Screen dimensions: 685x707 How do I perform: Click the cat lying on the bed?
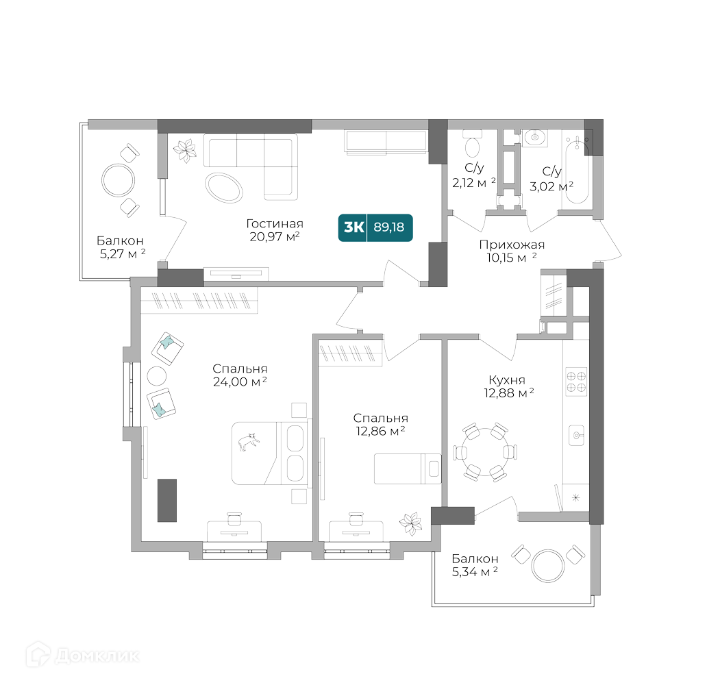249,442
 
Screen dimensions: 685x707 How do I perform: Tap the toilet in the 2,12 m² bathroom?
472,145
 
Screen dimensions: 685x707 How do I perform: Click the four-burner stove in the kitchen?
575,381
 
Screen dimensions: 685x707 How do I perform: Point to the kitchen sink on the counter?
577,434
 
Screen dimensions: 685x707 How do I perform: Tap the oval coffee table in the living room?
224,186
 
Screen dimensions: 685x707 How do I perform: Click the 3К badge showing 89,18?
375,227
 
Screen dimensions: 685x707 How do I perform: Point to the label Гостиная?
275,224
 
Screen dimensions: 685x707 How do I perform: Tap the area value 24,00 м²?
240,382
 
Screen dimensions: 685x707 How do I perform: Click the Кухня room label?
507,379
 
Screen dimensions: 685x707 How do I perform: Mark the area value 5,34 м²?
475,572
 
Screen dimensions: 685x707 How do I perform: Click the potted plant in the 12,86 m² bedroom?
412,524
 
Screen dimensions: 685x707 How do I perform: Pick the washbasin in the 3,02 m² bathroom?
534,138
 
